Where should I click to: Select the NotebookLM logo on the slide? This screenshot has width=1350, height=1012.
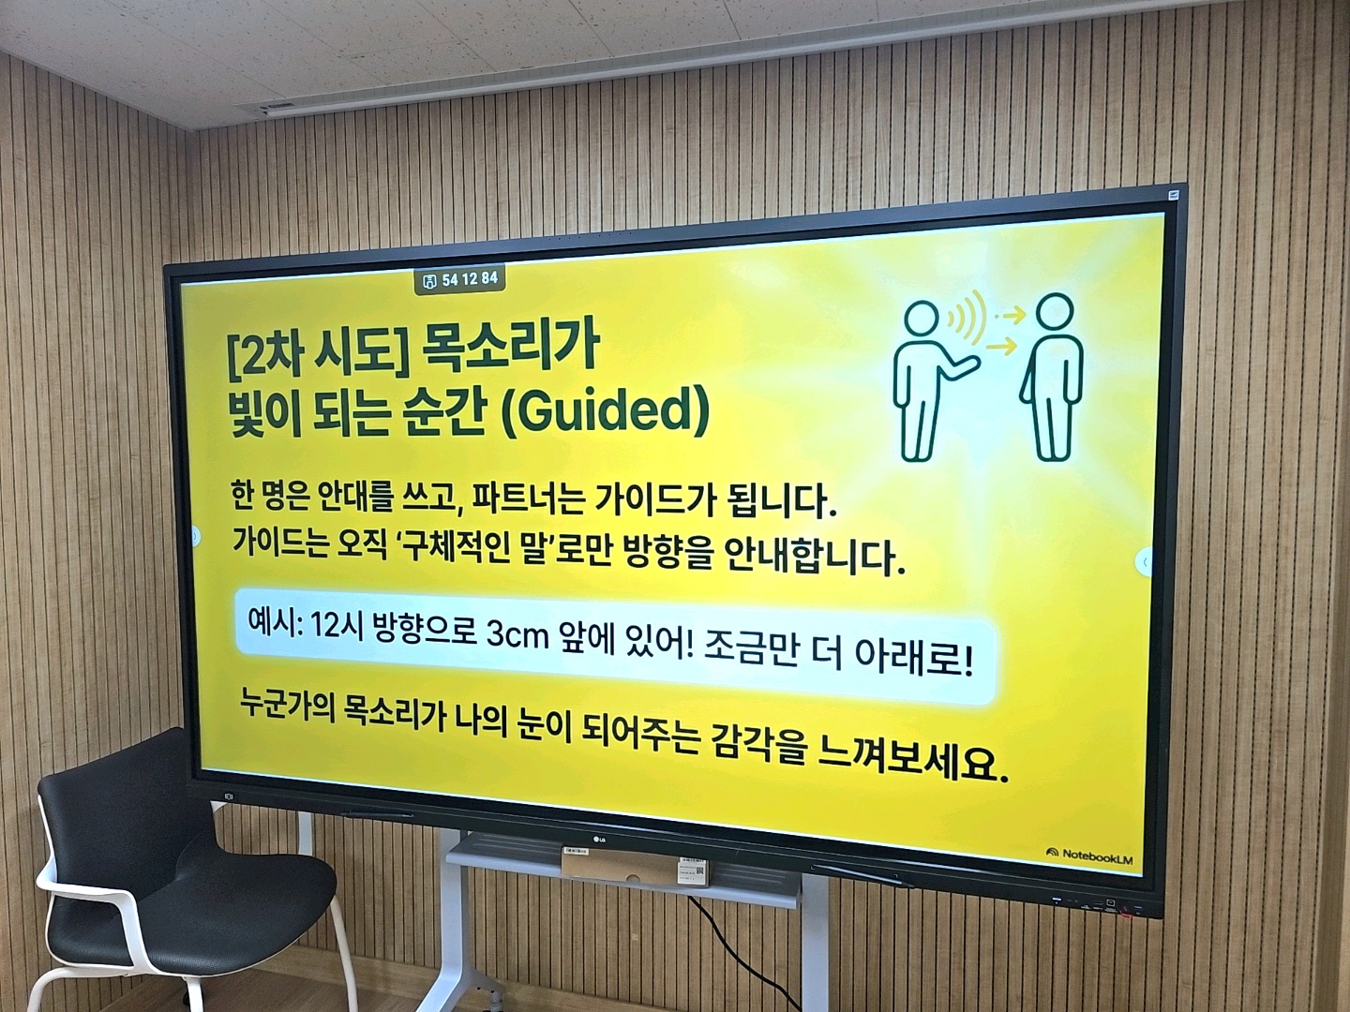coord(1088,852)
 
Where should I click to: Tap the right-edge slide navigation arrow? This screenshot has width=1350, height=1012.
coord(1144,561)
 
